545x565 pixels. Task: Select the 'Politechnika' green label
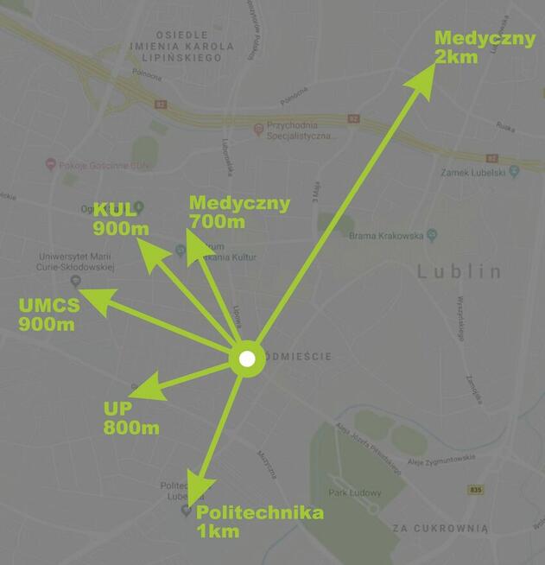pos(261,514)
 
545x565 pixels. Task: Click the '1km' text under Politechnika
pos(219,531)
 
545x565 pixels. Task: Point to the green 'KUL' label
pos(116,210)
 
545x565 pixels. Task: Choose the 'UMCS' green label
pos(49,306)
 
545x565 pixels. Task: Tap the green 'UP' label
pos(117,410)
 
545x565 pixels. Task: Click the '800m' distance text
pos(131,429)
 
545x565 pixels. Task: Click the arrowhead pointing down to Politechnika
pos(199,492)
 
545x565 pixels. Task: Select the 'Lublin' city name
pos(459,272)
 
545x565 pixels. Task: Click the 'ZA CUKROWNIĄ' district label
pos(440,527)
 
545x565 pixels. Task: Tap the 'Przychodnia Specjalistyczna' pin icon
pos(257,129)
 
